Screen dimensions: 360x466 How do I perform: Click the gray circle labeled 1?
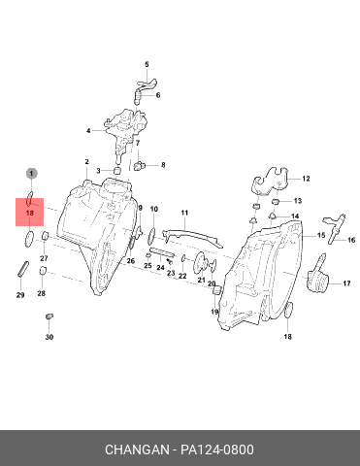click(x=31, y=174)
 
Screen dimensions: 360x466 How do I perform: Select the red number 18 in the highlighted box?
click(x=29, y=214)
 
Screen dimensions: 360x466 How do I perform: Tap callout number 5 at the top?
click(x=147, y=65)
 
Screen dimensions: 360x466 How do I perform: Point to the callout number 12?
click(x=306, y=179)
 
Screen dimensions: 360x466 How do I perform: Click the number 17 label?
click(x=346, y=283)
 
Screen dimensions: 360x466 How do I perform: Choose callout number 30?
click(x=49, y=337)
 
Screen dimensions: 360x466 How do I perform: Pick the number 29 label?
click(x=20, y=295)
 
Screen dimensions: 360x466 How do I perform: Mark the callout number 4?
click(x=88, y=131)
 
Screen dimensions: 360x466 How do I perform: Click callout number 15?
click(x=321, y=235)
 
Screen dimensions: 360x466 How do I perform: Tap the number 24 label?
click(x=160, y=268)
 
